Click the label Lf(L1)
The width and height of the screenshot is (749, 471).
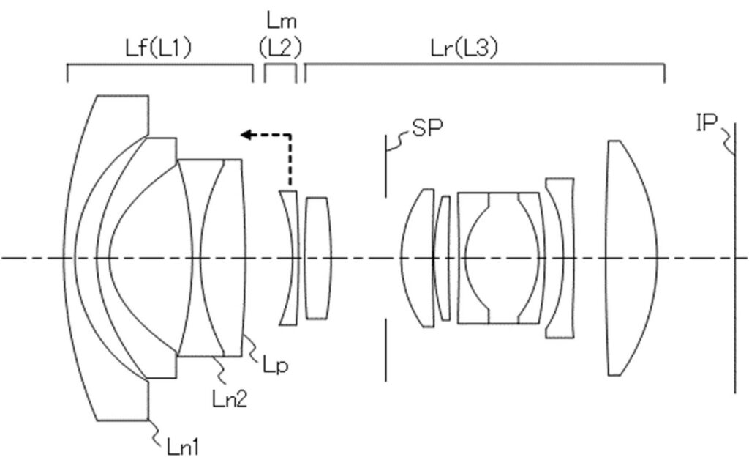[158, 48]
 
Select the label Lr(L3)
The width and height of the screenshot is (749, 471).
[464, 48]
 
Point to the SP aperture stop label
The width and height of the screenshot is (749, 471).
[427, 127]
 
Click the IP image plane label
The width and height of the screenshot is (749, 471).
[707, 123]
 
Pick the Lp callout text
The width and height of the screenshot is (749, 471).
[276, 366]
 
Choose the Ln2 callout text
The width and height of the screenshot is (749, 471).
[230, 398]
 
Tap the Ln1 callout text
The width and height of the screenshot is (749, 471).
[183, 447]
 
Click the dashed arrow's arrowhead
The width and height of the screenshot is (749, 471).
[246, 135]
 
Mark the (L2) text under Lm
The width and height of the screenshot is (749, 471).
[280, 48]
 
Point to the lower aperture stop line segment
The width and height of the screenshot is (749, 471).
[386, 350]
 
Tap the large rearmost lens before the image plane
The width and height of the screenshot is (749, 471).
[631, 259]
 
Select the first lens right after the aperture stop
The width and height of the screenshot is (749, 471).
[416, 259]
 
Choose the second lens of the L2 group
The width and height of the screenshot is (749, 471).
[317, 259]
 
